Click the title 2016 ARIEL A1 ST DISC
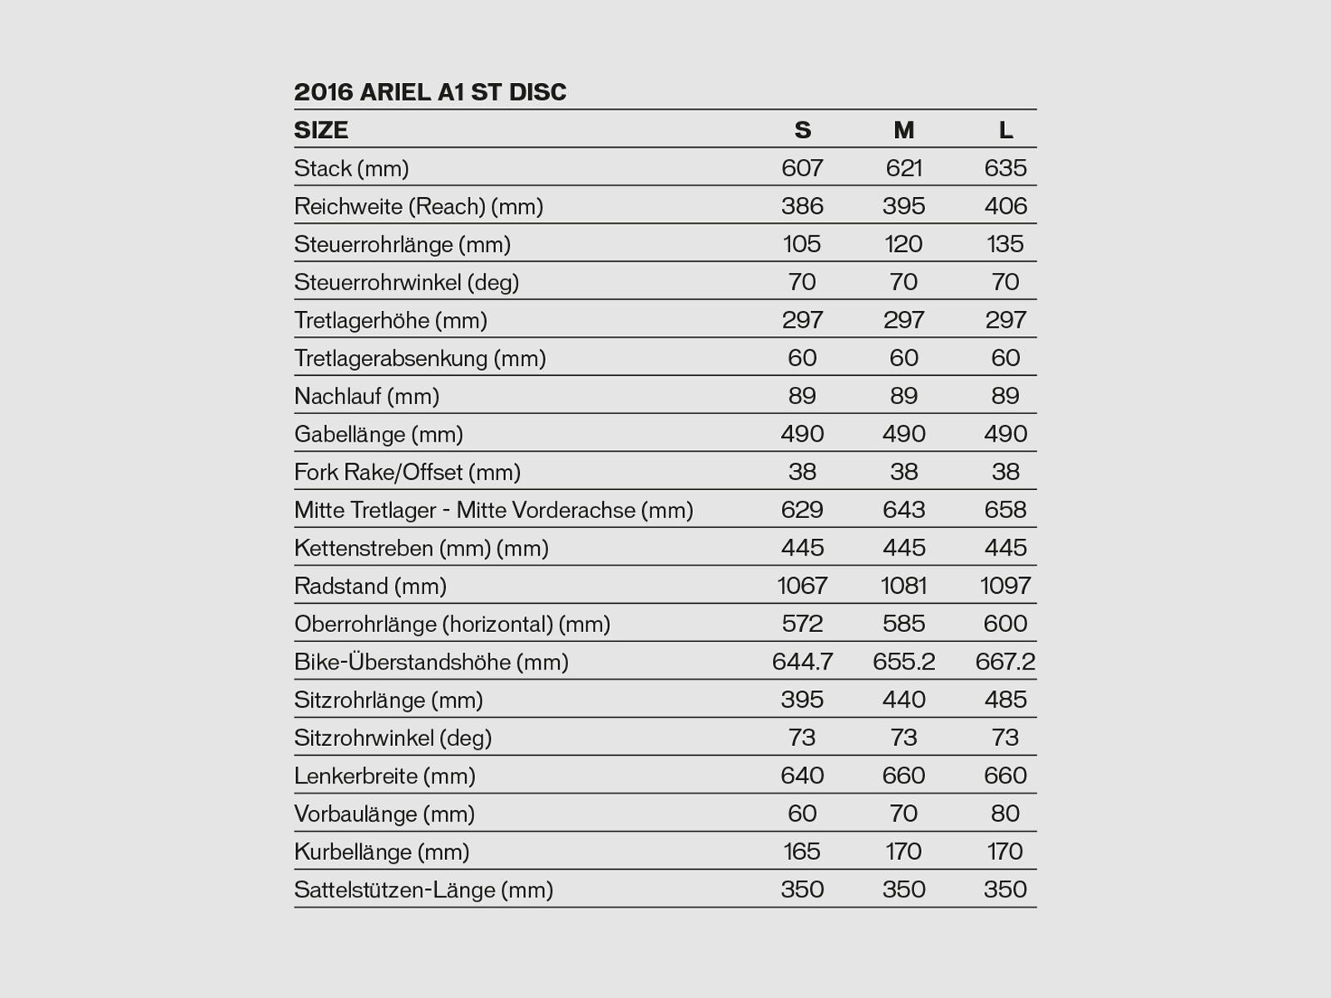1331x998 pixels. coord(430,91)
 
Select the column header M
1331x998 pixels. coord(903,130)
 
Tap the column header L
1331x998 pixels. coord(1005,130)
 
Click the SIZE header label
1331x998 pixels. coord(321,130)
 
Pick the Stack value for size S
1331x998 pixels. coord(802,168)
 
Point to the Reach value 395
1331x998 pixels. coord(903,206)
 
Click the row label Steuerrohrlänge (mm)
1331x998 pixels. coord(402,245)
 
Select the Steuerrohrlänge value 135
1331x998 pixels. coord(1005,245)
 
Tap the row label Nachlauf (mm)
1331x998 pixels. coord(366,397)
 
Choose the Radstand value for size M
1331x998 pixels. coord(903,586)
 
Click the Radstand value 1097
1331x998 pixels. coord(1005,586)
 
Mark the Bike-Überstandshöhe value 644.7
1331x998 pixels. coord(802,662)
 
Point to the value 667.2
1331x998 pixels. coord(1005,662)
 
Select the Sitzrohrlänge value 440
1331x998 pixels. coord(903,700)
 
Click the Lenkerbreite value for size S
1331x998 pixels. coord(802,776)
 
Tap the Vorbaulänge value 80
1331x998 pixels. coord(1005,814)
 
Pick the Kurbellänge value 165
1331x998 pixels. coord(802,852)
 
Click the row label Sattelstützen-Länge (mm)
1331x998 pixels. coord(423,890)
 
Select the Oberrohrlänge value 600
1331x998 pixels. coord(1005,624)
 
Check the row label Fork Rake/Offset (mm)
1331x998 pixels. coord(407,472)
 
